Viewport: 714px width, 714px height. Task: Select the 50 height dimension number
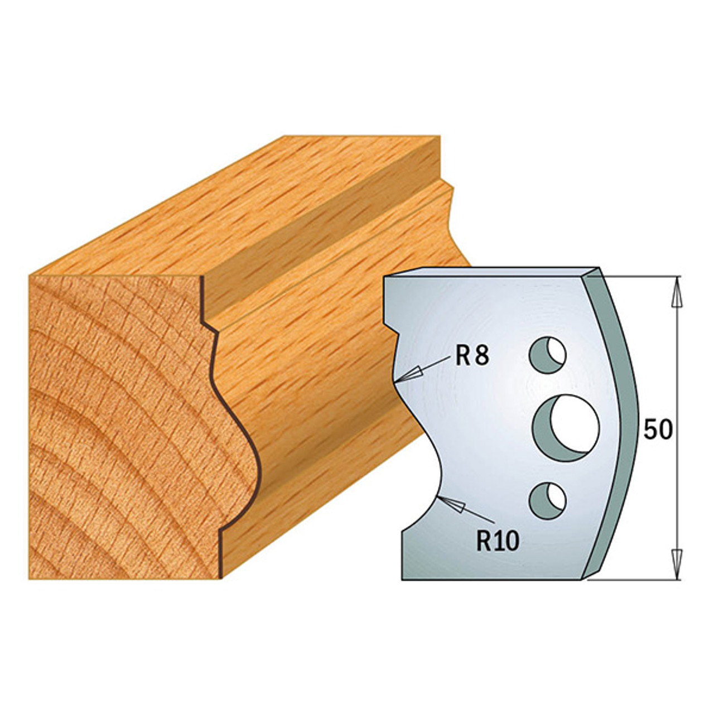click(x=658, y=430)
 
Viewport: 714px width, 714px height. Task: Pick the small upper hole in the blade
click(x=548, y=355)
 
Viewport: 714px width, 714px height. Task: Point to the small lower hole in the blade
click(x=548, y=501)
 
